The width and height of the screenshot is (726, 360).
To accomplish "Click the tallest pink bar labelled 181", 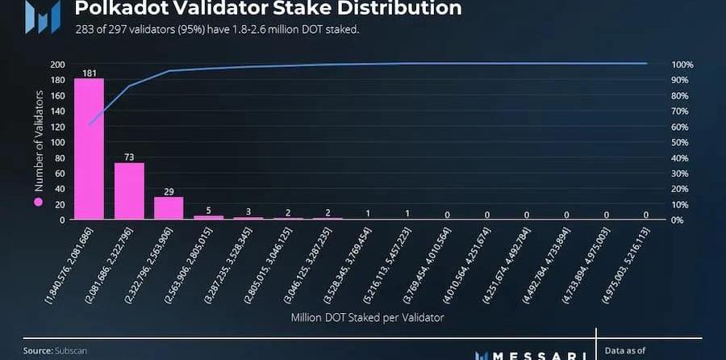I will (89, 149).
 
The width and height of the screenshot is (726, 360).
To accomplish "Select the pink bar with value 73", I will (129, 190).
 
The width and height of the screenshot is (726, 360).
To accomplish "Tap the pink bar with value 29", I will (169, 208).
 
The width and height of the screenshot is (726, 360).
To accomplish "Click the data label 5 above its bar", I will (209, 211).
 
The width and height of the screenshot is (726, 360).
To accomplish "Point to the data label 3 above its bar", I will (248, 212).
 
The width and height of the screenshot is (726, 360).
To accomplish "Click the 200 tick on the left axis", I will (57, 65).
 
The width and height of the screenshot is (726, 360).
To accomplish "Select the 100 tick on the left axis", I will (57, 142).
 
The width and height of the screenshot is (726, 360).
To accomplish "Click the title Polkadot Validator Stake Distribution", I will (269, 9).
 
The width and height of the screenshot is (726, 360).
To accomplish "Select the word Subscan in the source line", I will (71, 351).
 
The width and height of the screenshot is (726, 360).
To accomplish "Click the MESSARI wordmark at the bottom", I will (532, 354).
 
